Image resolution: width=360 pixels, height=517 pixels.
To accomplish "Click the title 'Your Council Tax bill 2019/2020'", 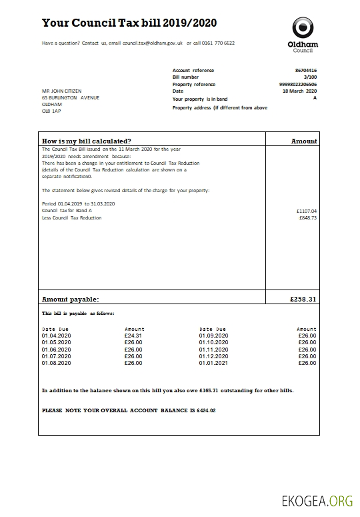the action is (129, 23).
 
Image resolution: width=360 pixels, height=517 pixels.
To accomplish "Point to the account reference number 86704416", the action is (306, 70).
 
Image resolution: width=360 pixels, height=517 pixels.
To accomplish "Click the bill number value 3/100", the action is (311, 77).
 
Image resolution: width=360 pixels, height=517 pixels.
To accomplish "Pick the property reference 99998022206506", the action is (298, 85).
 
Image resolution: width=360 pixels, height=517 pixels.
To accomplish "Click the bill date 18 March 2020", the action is (300, 91).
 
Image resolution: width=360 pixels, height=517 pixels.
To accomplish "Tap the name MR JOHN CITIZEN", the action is (61, 91).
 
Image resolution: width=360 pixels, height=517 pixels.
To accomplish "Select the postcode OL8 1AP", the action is (51, 111).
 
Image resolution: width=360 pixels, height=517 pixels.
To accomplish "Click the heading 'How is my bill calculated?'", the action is (87, 141).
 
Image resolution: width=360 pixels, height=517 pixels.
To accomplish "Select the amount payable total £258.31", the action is (303, 300).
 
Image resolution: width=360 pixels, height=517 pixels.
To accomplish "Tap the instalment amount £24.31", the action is (133, 336).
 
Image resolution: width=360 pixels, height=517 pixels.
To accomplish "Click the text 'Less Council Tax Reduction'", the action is (72, 218).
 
